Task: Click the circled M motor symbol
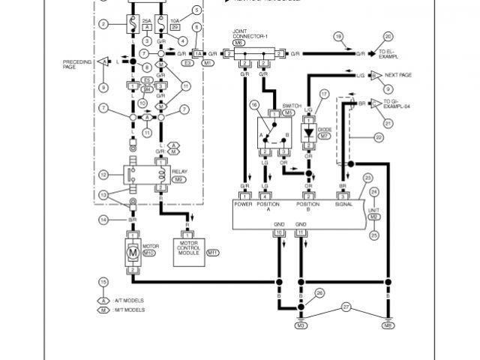(x=133, y=253)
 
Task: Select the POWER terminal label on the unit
(x=244, y=202)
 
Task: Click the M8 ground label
(x=387, y=326)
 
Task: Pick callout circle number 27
(x=345, y=306)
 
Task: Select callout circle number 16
(x=255, y=105)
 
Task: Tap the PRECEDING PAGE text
(x=76, y=64)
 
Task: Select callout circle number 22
(x=379, y=137)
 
